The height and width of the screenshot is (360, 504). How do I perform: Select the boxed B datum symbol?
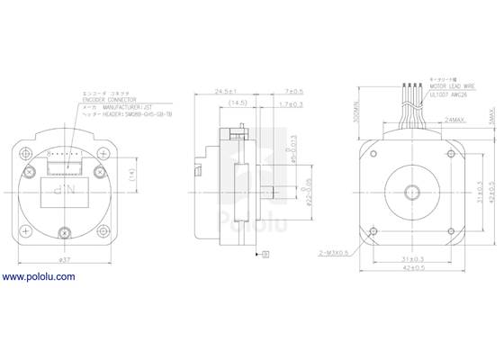click(266, 256)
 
